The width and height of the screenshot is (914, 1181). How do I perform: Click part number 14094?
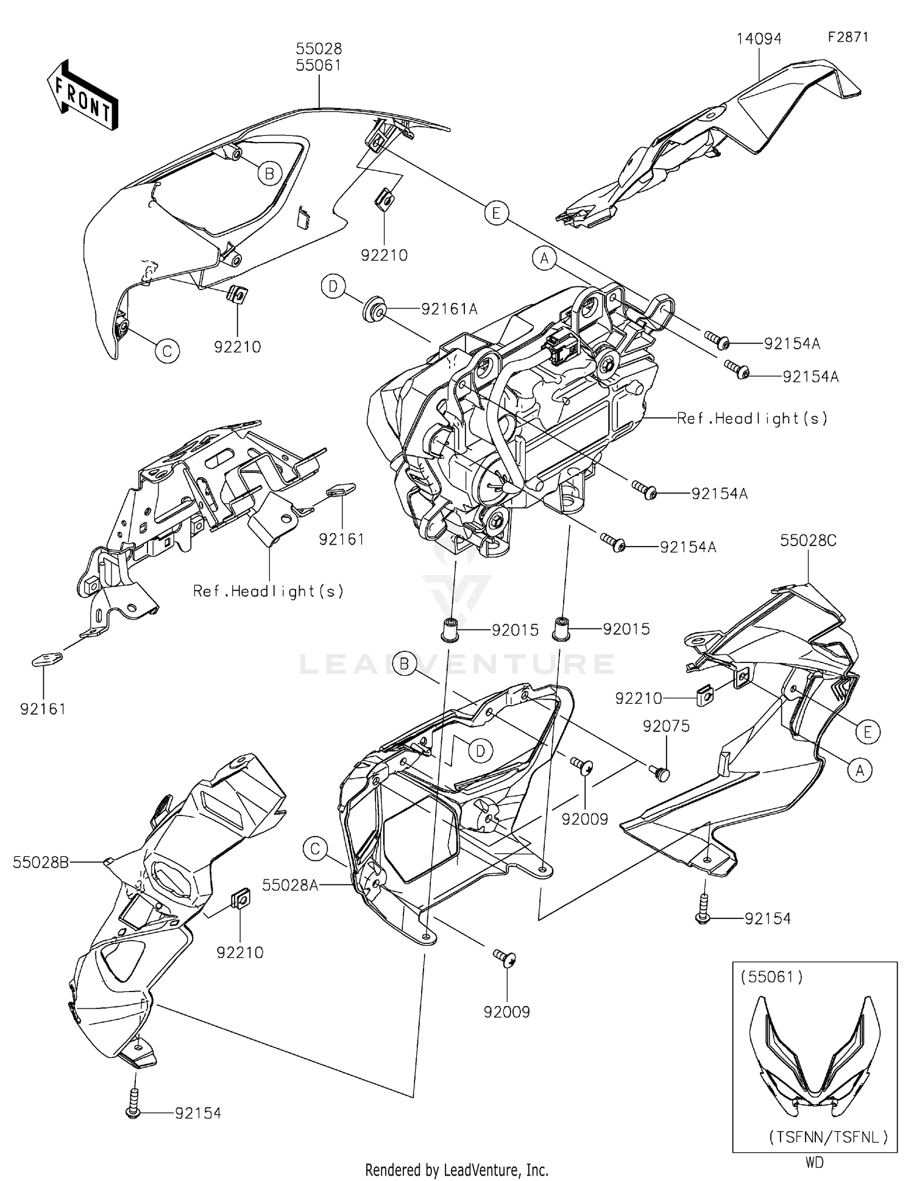[x=759, y=39]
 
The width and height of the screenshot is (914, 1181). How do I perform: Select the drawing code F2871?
[x=848, y=37]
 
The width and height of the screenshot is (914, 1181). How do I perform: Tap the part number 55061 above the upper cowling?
[x=319, y=65]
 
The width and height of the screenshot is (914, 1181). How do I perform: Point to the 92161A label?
[x=449, y=310]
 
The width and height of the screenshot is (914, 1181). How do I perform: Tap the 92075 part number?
[x=666, y=726]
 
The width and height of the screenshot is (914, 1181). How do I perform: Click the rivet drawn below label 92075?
[x=660, y=773]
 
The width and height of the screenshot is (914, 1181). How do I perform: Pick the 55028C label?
[x=809, y=541]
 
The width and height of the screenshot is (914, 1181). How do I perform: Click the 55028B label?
[x=41, y=862]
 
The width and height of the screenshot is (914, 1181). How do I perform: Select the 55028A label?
[x=291, y=885]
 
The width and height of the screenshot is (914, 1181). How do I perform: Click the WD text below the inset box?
[x=815, y=1162]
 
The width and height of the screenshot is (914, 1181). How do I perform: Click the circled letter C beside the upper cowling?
[x=167, y=351]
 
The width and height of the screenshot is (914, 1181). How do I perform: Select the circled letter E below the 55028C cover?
[x=868, y=731]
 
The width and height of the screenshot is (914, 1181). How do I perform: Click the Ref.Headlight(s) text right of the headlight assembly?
[x=753, y=418]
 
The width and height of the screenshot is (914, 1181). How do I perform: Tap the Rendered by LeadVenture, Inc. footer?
[x=456, y=1169]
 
